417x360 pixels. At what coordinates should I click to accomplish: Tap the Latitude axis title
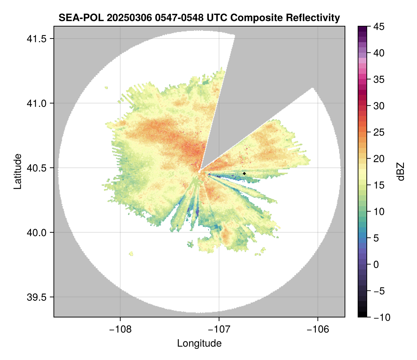(x=17, y=171)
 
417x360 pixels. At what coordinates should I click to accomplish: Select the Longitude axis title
(x=199, y=343)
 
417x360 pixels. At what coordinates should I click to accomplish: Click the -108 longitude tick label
(x=120, y=329)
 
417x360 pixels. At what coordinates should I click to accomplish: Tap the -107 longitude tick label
(x=219, y=329)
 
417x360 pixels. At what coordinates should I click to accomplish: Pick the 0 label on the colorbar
(x=376, y=264)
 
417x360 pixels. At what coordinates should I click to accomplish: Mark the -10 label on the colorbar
(x=380, y=317)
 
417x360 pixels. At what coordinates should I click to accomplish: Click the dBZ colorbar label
(x=401, y=172)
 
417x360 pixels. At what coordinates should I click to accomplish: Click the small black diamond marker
(x=244, y=173)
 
